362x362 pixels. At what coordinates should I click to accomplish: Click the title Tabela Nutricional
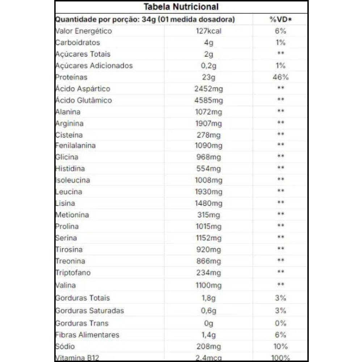tap(181, 7)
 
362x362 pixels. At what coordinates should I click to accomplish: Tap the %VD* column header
tap(281, 19)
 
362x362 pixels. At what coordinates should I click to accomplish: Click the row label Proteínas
tap(71, 77)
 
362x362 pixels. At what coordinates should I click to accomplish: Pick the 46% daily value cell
tap(281, 77)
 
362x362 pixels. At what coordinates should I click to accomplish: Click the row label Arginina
tap(69, 123)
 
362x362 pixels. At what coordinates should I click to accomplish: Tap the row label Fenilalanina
tap(75, 145)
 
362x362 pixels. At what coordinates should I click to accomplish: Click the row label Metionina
tap(72, 215)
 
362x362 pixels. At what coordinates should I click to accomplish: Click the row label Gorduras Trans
tap(82, 323)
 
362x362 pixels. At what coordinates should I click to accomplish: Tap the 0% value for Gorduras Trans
tap(281, 323)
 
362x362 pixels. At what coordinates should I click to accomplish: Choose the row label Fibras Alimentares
tap(87, 335)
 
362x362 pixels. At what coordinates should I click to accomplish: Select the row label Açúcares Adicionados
tap(94, 66)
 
